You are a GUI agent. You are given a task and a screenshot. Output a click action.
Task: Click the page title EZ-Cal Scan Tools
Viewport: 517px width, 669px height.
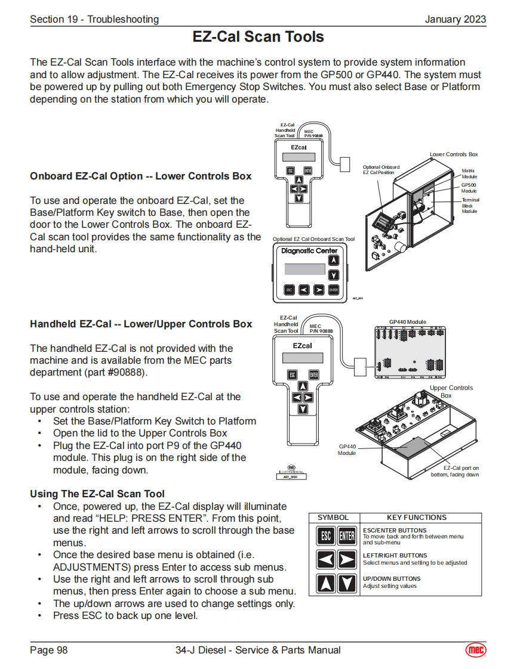[258, 37]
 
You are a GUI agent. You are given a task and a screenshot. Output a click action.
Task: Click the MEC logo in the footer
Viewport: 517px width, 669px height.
[476, 650]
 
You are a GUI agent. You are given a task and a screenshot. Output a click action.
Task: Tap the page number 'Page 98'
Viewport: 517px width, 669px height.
[49, 650]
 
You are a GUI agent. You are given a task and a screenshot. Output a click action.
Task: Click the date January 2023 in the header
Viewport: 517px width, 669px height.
[455, 19]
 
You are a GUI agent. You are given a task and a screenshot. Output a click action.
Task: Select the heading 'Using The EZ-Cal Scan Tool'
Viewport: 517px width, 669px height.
[97, 494]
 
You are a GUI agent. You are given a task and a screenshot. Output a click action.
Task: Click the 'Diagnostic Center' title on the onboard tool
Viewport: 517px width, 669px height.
[309, 251]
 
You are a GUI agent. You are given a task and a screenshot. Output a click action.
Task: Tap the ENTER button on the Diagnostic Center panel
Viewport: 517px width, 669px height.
[334, 290]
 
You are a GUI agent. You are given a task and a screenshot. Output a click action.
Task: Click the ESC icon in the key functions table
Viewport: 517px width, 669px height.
[326, 536]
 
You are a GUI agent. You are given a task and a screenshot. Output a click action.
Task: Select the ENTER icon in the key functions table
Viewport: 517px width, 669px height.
[347, 536]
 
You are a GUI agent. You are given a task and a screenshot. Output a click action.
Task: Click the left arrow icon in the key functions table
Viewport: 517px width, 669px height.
[326, 560]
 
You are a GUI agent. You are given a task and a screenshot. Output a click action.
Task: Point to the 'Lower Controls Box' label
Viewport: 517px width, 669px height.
[454, 154]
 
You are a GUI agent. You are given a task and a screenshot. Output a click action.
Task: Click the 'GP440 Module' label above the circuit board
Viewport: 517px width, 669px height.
[408, 322]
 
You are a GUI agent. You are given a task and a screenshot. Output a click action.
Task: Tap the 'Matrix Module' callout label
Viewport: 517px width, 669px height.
[469, 174]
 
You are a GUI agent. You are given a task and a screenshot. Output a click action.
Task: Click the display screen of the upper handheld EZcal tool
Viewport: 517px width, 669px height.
[298, 157]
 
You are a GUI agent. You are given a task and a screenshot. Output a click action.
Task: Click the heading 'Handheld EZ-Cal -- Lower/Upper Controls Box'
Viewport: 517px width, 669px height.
[141, 324]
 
